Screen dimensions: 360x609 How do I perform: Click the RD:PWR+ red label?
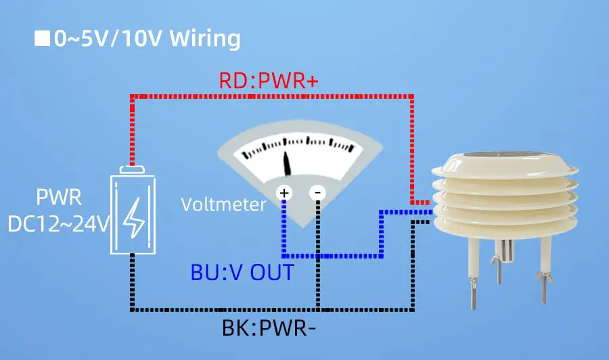point(269,81)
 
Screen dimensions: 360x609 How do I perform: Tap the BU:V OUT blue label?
point(242,273)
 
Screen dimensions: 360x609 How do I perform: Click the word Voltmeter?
point(223,204)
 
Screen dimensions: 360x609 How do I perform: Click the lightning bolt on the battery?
point(133,215)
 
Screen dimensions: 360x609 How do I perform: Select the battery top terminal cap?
point(133,170)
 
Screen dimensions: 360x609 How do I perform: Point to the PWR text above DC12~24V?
point(59,198)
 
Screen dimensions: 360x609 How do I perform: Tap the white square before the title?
point(42,39)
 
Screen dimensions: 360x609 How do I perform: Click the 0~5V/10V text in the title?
point(108,39)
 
